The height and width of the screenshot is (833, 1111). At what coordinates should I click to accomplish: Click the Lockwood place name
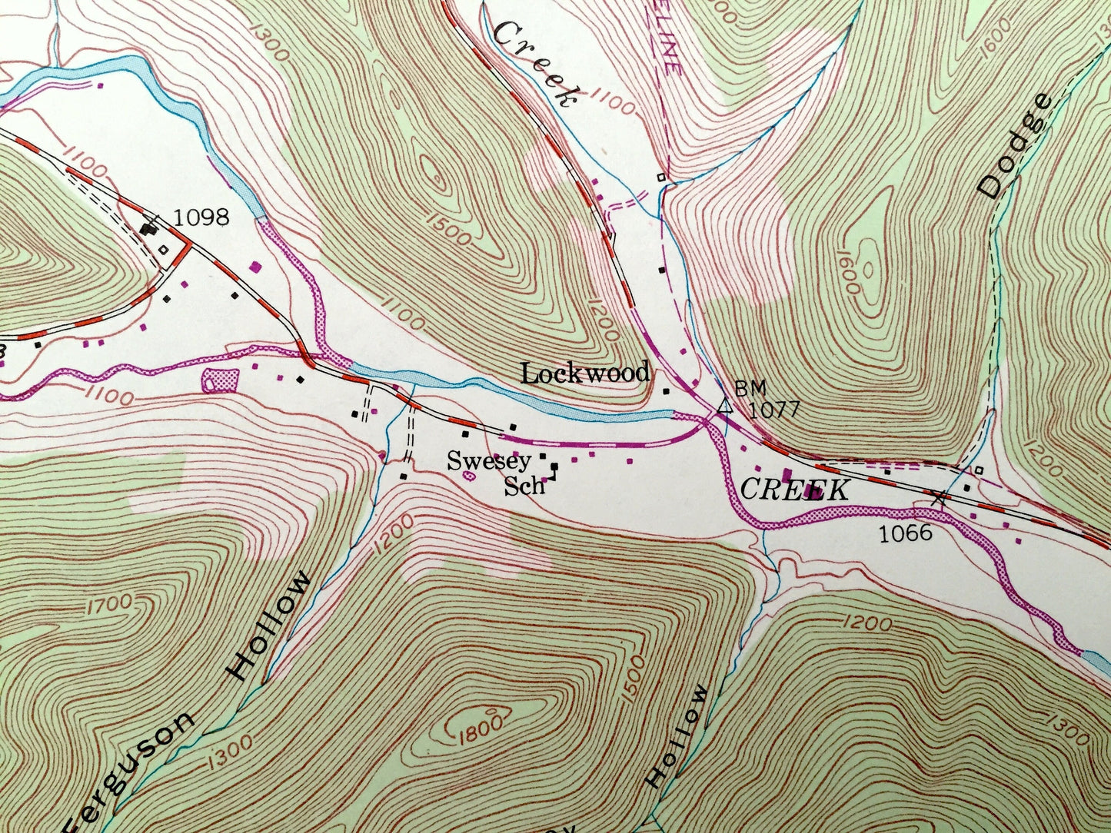584,374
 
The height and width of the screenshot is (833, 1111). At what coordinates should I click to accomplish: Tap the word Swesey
489,461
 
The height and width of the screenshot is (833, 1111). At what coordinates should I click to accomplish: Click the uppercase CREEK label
795,490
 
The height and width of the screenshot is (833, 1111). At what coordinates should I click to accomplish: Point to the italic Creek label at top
535,64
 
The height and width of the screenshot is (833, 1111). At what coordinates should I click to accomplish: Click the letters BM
750,388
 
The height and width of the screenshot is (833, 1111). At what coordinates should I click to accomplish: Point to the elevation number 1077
774,410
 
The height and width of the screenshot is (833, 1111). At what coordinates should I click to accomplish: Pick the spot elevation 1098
201,217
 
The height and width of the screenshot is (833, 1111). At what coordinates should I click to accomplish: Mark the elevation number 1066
905,533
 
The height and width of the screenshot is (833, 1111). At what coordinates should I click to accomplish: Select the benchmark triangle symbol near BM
723,407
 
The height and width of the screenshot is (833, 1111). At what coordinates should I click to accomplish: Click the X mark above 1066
938,498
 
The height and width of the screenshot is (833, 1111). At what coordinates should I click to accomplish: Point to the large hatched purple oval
219,379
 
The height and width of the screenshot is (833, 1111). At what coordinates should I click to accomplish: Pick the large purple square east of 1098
255,267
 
